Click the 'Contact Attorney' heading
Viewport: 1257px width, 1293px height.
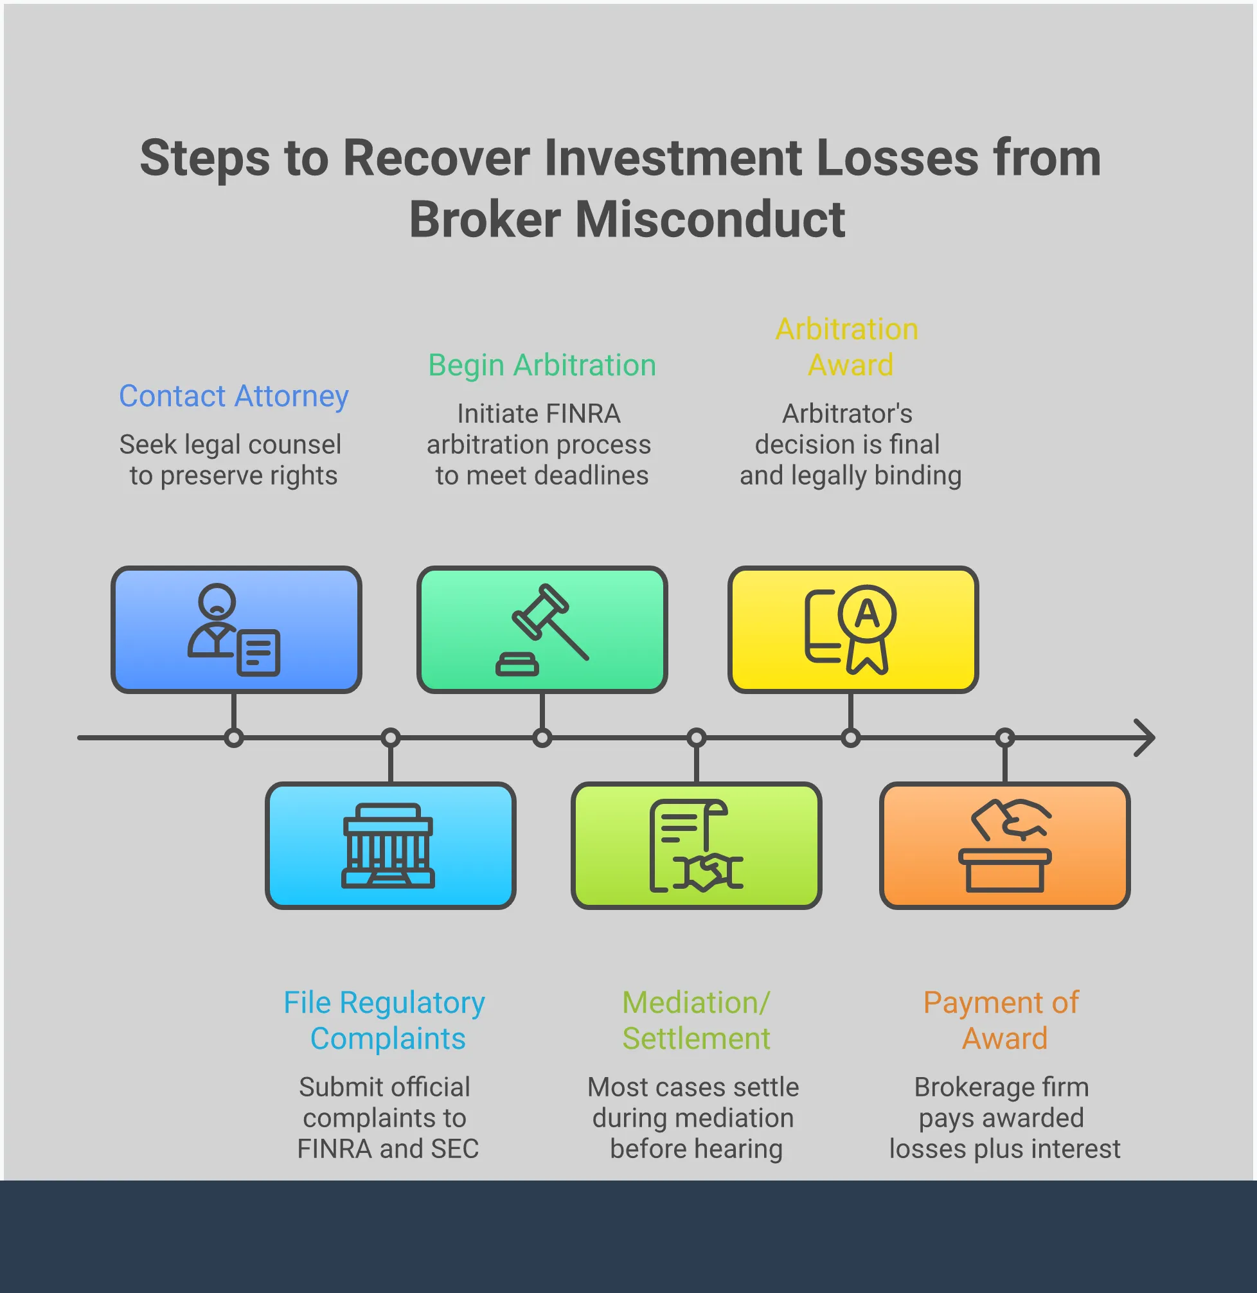pos(234,396)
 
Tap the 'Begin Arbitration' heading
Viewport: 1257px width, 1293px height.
pos(541,365)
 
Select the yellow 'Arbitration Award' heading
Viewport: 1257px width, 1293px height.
pos(849,347)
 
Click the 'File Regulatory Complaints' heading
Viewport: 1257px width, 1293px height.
pos(386,1020)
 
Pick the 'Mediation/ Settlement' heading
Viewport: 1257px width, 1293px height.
pos(696,1020)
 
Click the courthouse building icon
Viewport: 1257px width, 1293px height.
pos(388,846)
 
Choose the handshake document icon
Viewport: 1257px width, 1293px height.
pos(696,846)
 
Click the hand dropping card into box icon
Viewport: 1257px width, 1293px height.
pos(1005,846)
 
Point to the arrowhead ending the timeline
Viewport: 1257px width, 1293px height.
pos(1145,737)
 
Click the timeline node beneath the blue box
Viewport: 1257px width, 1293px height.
pos(234,737)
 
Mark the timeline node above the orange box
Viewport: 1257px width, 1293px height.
pos(1005,737)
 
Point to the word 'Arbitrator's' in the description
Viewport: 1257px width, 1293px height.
pos(847,414)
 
